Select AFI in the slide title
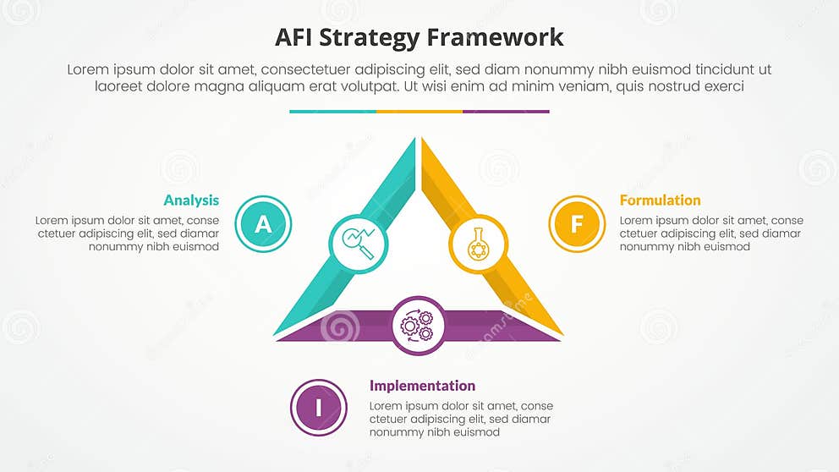pos(296,37)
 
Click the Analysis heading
pos(191,200)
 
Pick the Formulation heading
pos(660,200)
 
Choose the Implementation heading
pos(422,386)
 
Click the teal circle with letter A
pos(263,224)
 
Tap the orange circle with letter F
pos(577,224)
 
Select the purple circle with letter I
pos(319,408)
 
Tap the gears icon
pos(418,325)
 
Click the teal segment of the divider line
pos(332,111)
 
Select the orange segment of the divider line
pos(419,111)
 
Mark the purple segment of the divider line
pos(506,111)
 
